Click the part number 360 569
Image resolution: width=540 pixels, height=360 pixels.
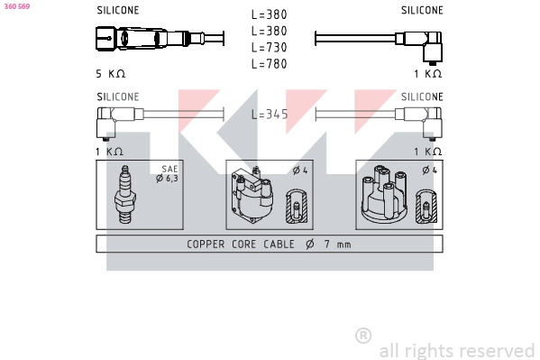(x=17, y=6)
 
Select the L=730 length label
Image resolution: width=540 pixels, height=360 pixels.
(x=269, y=47)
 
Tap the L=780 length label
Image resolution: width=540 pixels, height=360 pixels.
(x=269, y=64)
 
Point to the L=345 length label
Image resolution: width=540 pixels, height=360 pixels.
(x=270, y=115)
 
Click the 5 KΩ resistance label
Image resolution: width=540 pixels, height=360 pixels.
(x=111, y=74)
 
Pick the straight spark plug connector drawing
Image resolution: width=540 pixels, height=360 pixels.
(x=160, y=39)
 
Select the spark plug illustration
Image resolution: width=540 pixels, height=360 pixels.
(x=125, y=195)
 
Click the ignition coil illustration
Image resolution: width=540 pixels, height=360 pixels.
(x=252, y=195)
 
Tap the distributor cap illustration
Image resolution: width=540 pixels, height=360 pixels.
(x=384, y=194)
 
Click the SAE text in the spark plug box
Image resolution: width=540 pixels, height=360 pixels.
(x=169, y=169)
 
